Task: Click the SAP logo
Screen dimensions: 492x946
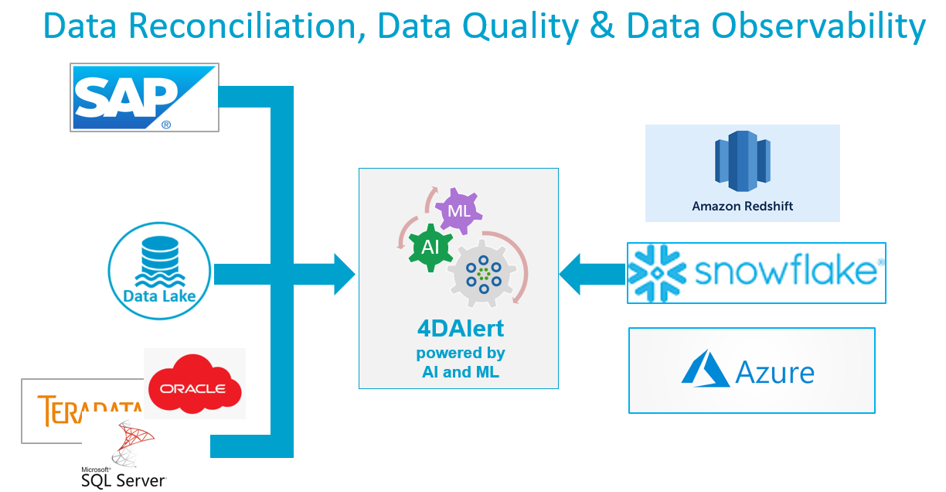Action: click(144, 97)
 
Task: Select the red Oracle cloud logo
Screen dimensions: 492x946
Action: click(195, 384)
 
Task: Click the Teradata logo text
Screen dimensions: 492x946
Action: click(89, 409)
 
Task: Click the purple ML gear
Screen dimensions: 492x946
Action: click(459, 210)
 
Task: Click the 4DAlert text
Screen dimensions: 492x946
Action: click(460, 328)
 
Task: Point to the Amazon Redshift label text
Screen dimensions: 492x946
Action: click(742, 207)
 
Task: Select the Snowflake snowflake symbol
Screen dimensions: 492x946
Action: click(657, 273)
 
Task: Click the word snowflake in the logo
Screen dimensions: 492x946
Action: click(785, 273)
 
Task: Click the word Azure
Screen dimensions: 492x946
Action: click(775, 372)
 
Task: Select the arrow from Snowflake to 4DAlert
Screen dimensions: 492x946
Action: click(591, 274)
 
